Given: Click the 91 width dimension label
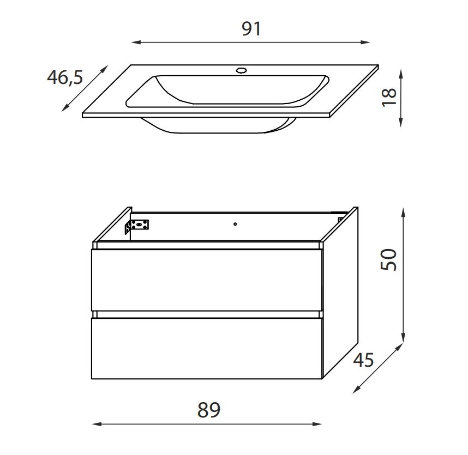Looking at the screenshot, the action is click(x=251, y=29).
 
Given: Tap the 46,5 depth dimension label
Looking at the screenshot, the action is click(x=65, y=77).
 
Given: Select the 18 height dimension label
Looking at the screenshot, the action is click(x=389, y=98).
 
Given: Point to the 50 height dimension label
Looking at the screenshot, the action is click(x=388, y=260).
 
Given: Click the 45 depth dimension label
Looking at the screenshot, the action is click(x=363, y=360).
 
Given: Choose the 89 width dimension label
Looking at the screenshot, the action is click(x=208, y=410).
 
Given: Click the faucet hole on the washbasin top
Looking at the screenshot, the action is click(x=241, y=71).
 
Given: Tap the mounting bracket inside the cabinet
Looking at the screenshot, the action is click(x=137, y=227).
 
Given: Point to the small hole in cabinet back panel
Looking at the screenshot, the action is click(x=235, y=224).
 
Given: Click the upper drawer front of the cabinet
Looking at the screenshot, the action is click(x=207, y=280).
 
